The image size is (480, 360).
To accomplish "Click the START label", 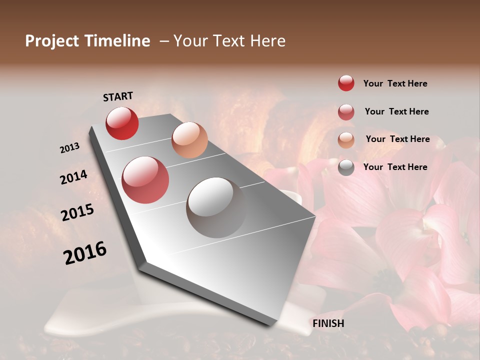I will (118, 96).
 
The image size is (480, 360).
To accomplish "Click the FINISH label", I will (328, 323).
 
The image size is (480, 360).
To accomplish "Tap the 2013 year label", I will (69, 148).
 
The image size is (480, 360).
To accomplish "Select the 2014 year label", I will (73, 177).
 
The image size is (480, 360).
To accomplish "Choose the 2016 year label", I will (85, 253).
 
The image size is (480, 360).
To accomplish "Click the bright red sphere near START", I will (122, 123).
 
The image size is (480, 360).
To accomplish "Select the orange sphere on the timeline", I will (189, 140).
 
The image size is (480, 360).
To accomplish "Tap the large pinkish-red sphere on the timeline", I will (145, 180).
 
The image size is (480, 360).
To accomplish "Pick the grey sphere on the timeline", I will (216, 207).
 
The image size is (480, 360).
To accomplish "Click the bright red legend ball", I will (346, 83).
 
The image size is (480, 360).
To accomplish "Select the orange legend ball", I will (346, 140).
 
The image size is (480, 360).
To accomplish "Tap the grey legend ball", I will (346, 167).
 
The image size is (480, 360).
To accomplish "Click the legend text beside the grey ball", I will (395, 167).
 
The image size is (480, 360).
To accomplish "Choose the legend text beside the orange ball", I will (397, 139).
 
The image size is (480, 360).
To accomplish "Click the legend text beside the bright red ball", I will (395, 83).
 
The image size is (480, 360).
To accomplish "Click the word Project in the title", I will (52, 41).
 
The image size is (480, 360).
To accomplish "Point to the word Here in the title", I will (266, 41).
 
